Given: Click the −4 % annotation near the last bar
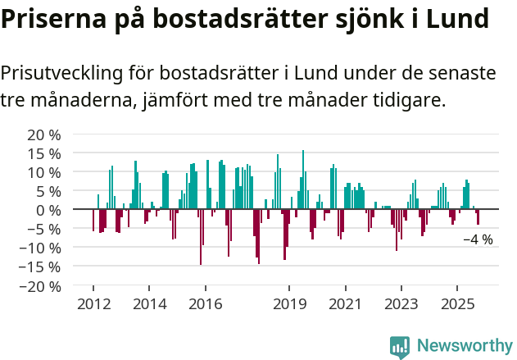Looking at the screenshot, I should tap(478, 240).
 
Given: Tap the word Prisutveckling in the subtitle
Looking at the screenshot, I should tap(62, 74).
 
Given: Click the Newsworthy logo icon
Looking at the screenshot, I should tap(400, 346).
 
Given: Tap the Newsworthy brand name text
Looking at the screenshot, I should tap(464, 346).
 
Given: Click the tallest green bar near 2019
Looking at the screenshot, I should tap(303, 180).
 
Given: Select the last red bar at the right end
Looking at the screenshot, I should tap(478, 217).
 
